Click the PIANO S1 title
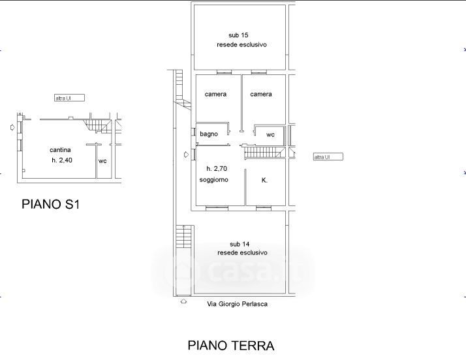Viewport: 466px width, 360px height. [x=50, y=204]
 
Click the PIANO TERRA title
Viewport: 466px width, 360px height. [x=231, y=346]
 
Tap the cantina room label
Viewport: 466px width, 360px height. [x=60, y=150]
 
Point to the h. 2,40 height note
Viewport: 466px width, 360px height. [x=62, y=160]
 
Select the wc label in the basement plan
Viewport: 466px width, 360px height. [x=102, y=161]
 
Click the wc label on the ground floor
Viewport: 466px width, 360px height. [x=270, y=134]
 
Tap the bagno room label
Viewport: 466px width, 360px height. [x=209, y=134]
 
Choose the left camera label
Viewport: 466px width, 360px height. [x=215, y=94]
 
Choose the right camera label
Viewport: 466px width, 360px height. [x=261, y=94]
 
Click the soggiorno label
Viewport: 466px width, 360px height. [x=213, y=180]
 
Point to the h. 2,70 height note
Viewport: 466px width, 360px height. [x=217, y=169]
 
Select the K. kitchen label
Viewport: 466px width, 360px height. [x=264, y=180]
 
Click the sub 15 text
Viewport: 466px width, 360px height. [x=238, y=35]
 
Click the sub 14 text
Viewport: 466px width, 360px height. [x=240, y=244]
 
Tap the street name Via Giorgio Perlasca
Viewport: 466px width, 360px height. [x=237, y=304]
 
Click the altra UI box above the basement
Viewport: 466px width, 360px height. [x=70, y=98]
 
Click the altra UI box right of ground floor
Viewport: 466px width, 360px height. [x=328, y=157]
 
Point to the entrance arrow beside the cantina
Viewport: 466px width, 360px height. [x=12, y=127]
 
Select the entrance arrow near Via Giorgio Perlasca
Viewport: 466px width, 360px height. [x=183, y=301]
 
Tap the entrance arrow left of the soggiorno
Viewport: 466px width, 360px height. [x=187, y=155]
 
